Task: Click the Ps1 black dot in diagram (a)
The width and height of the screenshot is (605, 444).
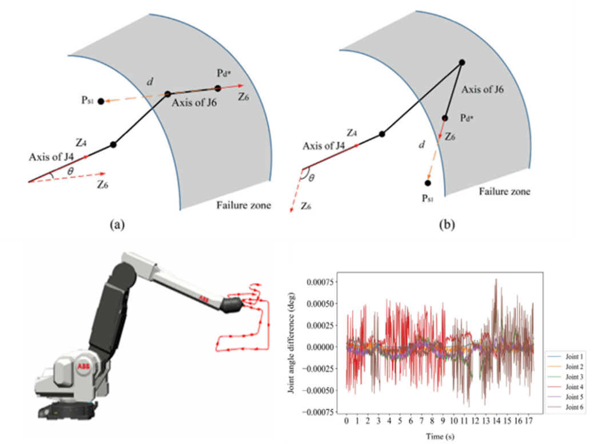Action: (x=101, y=101)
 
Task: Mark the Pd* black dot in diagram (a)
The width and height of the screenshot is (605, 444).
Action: (x=218, y=88)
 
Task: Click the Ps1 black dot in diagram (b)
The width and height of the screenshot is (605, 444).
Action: (x=428, y=183)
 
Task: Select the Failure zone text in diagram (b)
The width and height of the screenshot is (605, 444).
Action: (x=505, y=192)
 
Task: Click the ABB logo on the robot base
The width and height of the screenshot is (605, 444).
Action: (x=82, y=366)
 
